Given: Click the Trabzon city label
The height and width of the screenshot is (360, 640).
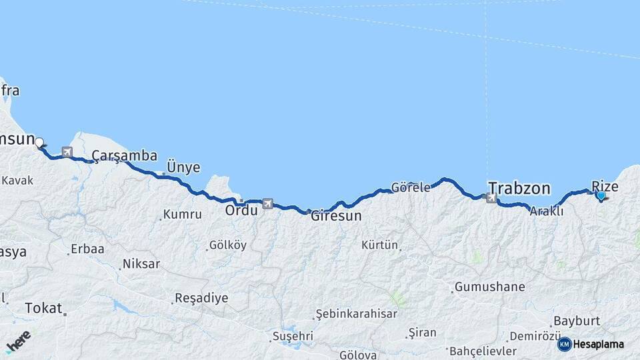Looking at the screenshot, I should [x=519, y=187].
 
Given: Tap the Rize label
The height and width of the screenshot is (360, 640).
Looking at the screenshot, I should [x=605, y=187].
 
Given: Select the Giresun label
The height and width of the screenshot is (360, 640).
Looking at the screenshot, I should [x=336, y=216].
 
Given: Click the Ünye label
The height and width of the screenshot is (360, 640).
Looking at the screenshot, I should [x=183, y=167].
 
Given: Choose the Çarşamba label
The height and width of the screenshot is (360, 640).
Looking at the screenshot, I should [x=125, y=156].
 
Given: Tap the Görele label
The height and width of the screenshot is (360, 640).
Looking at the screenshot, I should [x=411, y=187].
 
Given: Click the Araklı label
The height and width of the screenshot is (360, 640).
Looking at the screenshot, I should [x=547, y=211].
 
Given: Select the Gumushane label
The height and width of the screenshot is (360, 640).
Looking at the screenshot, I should [x=489, y=287].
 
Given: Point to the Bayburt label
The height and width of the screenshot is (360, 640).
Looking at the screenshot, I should [x=577, y=321].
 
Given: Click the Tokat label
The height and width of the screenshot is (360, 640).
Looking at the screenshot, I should [x=43, y=308].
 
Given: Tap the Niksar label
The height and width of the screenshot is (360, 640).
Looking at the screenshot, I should [x=141, y=264].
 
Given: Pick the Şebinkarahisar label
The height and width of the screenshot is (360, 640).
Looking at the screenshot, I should [x=357, y=313].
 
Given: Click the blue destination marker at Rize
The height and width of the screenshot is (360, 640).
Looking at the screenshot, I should [x=601, y=196].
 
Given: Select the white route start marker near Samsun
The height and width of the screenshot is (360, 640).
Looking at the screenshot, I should [x=39, y=141].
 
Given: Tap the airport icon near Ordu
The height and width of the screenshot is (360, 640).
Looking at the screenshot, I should [x=268, y=203].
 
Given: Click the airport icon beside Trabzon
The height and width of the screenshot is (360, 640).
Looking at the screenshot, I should [x=492, y=198].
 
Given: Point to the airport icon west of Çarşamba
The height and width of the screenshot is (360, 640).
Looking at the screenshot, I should [x=67, y=152].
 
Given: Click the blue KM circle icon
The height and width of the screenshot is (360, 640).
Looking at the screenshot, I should [x=565, y=344].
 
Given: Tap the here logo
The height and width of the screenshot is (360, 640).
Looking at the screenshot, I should [x=19, y=341].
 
